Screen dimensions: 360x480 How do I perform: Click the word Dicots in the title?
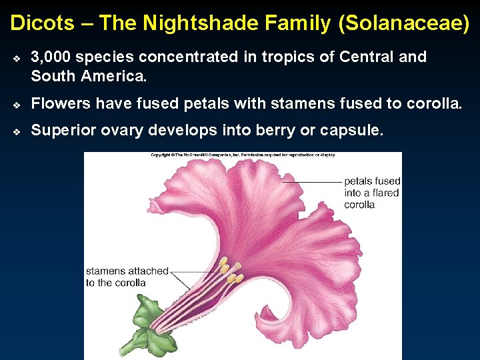point(42,23)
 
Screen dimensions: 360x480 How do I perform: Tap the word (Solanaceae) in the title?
point(404,23)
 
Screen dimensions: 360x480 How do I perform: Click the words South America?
point(88,76)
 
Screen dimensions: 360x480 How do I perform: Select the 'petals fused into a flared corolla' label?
point(371,193)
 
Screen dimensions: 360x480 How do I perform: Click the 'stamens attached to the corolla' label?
point(127,277)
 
